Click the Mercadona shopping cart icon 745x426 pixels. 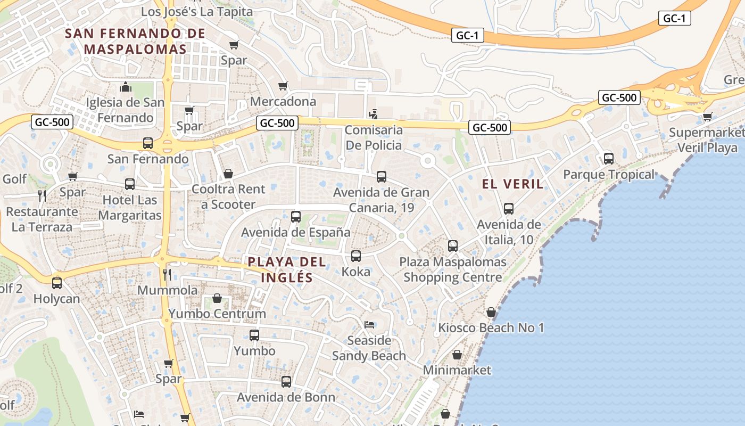[283, 86]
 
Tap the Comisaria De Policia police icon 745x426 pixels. [374, 114]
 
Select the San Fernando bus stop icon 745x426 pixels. [148, 143]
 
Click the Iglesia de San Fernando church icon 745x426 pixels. [126, 86]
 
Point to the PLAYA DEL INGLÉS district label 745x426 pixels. [287, 269]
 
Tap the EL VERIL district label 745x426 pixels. [513, 184]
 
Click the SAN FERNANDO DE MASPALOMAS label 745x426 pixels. [135, 41]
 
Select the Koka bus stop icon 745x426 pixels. [356, 256]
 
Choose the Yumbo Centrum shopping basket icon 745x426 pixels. [217, 298]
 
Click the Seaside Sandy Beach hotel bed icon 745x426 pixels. [369, 324]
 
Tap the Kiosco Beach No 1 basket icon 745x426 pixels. [491, 312]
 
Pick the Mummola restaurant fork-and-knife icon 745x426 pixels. [167, 275]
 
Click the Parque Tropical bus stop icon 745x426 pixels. [609, 159]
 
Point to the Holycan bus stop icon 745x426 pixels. [57, 283]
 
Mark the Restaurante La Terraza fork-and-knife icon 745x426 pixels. [42, 196]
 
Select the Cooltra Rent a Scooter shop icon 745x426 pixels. [228, 174]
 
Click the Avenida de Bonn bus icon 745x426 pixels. [286, 382]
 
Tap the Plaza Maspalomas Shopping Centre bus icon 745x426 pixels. [453, 246]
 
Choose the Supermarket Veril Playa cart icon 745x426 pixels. [707, 117]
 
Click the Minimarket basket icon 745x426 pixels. [457, 355]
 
